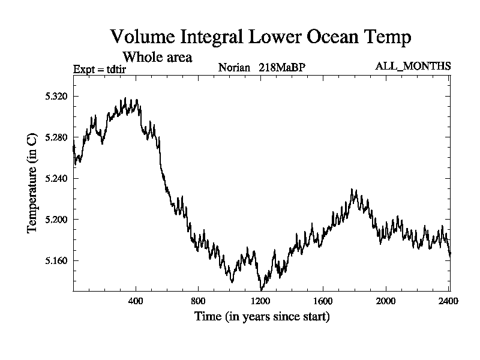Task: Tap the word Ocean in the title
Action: coord(325,37)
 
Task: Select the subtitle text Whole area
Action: coord(157,58)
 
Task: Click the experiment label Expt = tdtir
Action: coord(100,68)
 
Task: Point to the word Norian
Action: coord(234,67)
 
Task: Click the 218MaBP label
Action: coord(282,67)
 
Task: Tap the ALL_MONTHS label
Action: coord(413,66)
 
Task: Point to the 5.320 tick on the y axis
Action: coord(56,96)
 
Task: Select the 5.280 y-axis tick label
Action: coord(56,137)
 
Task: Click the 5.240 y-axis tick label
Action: coord(56,178)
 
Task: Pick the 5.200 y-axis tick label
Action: coord(56,220)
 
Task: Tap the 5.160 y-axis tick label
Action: coord(56,260)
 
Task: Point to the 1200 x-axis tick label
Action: coord(260,301)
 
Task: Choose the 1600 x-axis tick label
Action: coord(323,301)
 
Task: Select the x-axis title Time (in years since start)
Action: coord(262,316)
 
